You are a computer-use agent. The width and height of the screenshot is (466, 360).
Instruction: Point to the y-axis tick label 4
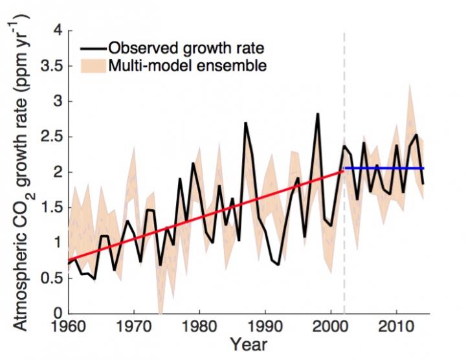tap(58, 30)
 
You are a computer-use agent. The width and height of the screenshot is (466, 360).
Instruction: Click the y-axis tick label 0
tap(58, 314)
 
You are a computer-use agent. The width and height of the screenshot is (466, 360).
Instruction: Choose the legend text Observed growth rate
tap(188, 48)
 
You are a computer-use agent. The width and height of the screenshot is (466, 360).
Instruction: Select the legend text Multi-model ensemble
tap(188, 65)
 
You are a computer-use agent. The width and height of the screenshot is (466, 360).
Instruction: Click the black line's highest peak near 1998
tap(318, 115)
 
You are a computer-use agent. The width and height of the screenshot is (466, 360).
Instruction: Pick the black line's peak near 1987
tap(245, 123)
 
